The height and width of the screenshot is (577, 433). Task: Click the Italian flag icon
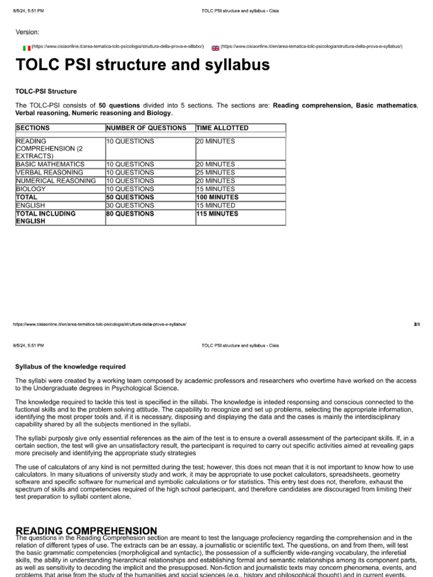[26, 48]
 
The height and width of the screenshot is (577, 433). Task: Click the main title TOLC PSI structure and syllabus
[142, 66]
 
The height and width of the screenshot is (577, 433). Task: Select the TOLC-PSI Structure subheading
[46, 91]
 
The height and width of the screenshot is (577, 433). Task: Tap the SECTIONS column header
[33, 128]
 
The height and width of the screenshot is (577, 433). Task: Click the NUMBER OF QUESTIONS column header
[146, 128]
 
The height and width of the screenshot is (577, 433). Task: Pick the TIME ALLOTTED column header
[222, 128]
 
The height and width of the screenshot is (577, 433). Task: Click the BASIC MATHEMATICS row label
[50, 164]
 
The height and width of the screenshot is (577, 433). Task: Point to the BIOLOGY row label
[30, 189]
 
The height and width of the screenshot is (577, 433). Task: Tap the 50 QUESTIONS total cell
[130, 197]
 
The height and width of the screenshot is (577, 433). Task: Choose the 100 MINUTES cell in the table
[218, 197]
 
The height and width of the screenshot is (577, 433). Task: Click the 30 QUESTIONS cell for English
[130, 206]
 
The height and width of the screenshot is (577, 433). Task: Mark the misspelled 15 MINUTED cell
[216, 206]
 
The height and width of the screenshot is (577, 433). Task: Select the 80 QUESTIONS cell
[130, 214]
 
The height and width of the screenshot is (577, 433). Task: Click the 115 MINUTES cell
[218, 214]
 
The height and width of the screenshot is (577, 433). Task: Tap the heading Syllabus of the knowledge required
[70, 367]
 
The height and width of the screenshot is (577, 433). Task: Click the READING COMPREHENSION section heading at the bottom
[86, 531]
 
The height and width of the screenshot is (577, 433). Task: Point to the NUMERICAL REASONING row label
[56, 181]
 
